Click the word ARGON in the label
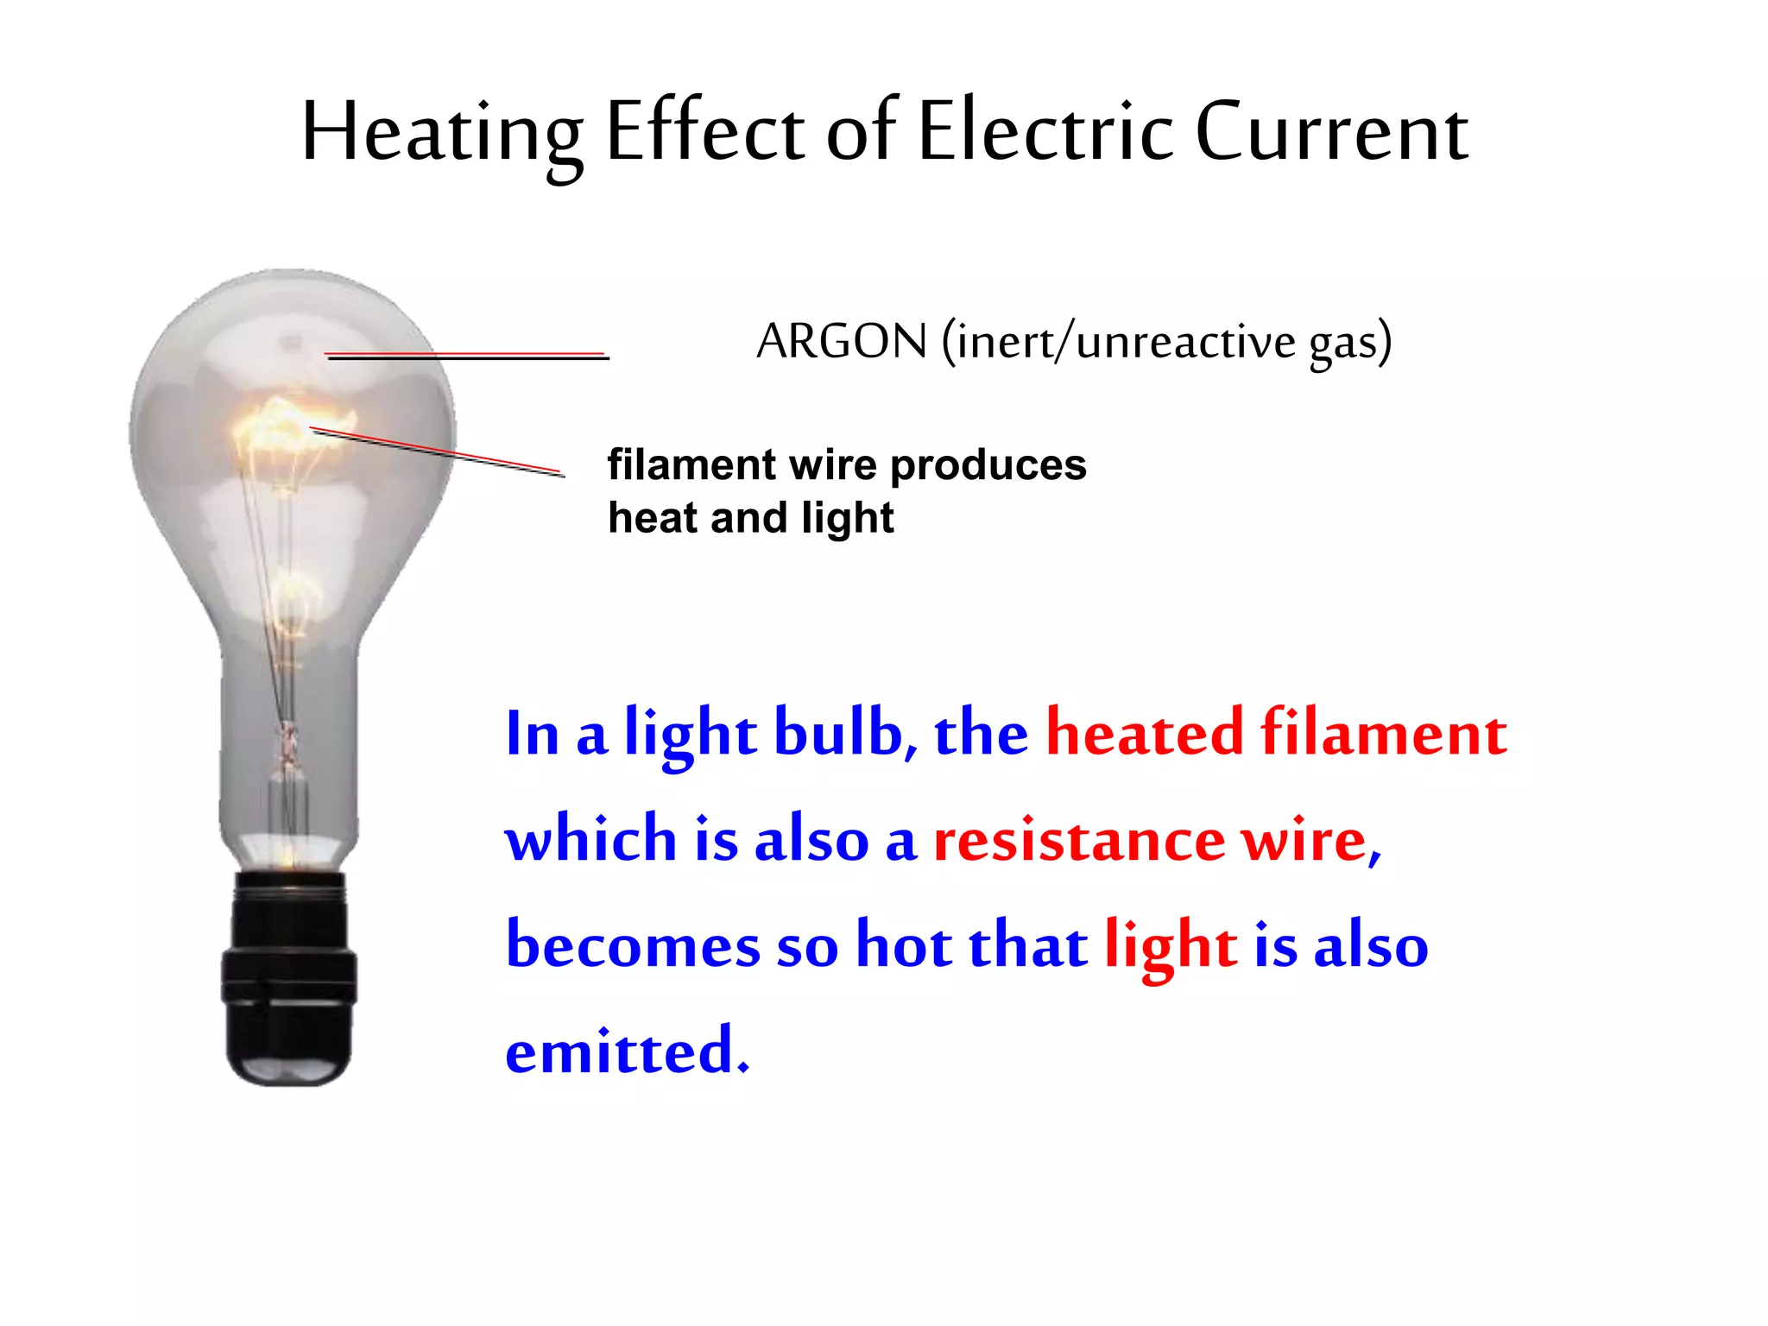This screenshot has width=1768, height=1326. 842,341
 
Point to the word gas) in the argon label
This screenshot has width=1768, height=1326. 1350,343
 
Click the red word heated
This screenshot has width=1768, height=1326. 1145,733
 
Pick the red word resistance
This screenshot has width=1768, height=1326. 1079,840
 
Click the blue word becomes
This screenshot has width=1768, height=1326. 633,946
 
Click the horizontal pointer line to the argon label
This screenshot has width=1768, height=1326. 466,355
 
